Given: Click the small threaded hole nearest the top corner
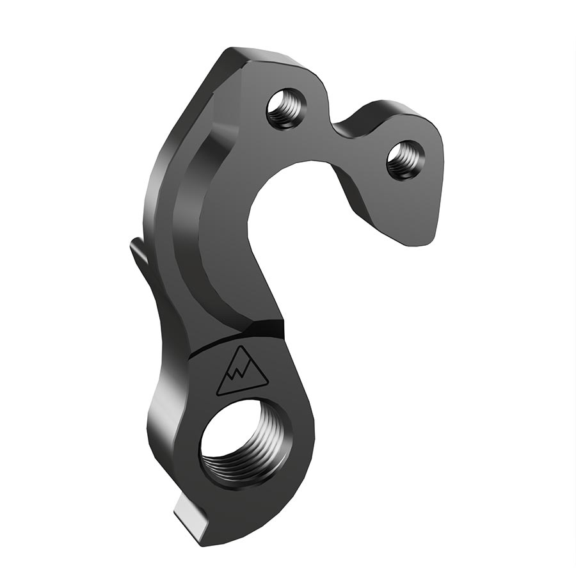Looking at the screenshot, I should point(285,108).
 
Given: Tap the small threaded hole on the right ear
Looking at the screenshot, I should point(404,159).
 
